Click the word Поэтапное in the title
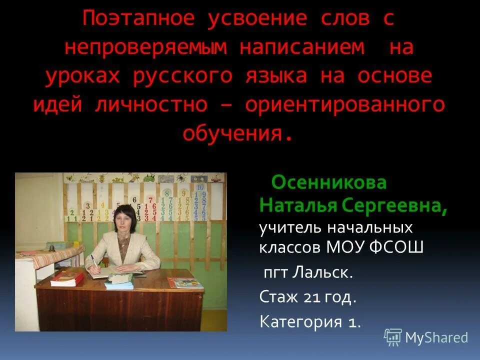138,19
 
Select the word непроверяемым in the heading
145,47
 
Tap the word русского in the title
182,76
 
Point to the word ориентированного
345,105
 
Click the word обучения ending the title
232,133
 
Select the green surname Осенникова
329,183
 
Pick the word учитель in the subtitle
290,228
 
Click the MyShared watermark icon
392,337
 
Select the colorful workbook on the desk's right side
185,283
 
